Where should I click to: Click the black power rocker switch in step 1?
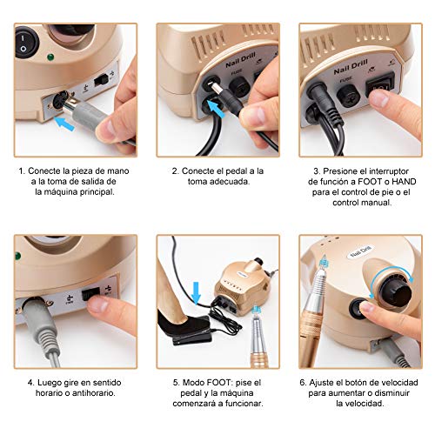point(26,43)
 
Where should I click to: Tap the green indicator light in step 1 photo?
point(51,57)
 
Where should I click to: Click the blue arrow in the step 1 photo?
point(64,124)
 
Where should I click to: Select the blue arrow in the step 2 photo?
point(216,110)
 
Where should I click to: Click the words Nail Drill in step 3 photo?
point(351,67)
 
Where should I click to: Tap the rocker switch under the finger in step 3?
point(380,84)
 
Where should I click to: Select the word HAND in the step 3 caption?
point(404,182)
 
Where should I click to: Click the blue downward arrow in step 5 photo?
point(197,292)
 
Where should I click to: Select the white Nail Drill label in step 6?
point(361,251)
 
